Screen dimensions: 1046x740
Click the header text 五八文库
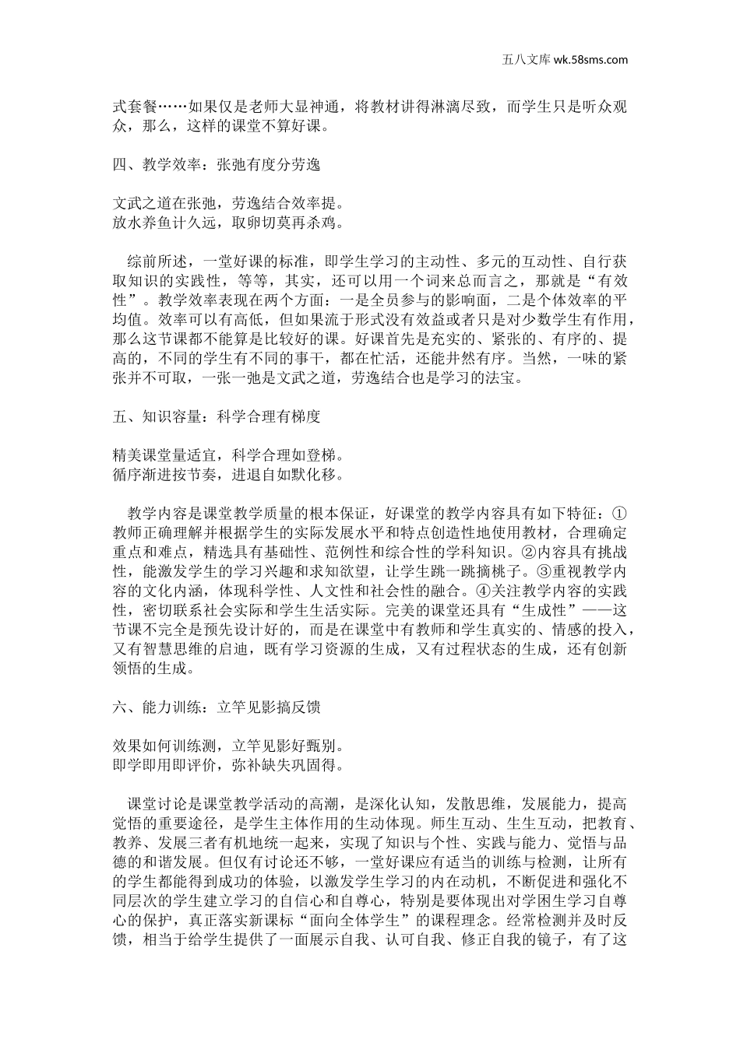522,58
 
